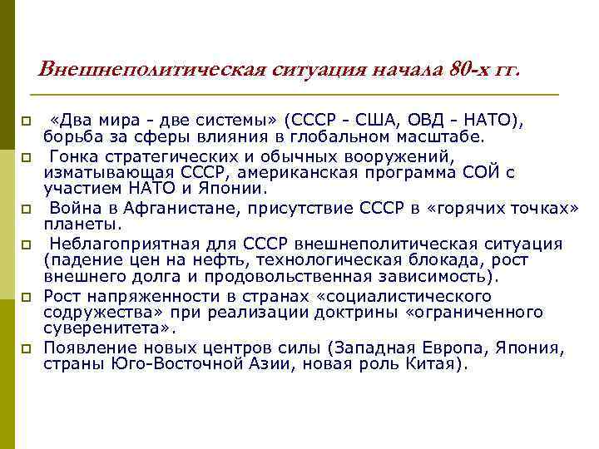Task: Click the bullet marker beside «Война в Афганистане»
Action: (26, 209)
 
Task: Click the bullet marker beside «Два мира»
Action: (26, 122)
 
